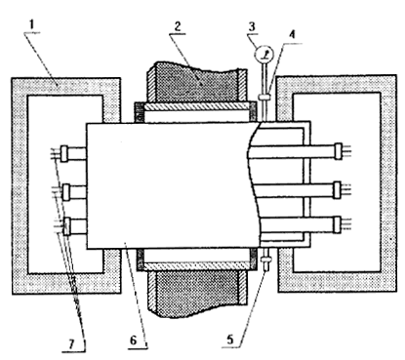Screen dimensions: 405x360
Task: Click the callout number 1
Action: (x=31, y=25)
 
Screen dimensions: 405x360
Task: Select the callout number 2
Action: (x=178, y=26)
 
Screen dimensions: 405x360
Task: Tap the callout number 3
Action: (x=252, y=26)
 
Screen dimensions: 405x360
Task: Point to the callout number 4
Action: (x=293, y=35)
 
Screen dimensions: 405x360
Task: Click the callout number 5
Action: (x=230, y=340)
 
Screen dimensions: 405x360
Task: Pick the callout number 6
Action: (x=134, y=340)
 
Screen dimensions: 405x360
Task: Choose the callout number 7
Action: (x=71, y=343)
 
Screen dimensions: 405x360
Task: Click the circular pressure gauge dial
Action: (x=263, y=55)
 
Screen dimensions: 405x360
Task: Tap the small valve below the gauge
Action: (x=264, y=97)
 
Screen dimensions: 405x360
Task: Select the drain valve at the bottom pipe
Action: (x=265, y=260)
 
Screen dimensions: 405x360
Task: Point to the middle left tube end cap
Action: (x=66, y=192)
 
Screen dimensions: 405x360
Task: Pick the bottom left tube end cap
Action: (x=66, y=226)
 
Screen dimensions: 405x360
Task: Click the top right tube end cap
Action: (x=339, y=151)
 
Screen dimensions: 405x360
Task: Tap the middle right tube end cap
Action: (x=338, y=190)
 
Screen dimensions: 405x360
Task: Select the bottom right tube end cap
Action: (x=338, y=225)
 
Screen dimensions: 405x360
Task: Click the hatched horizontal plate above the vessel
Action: (x=197, y=106)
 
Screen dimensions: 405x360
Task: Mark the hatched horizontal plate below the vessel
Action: (x=197, y=266)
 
